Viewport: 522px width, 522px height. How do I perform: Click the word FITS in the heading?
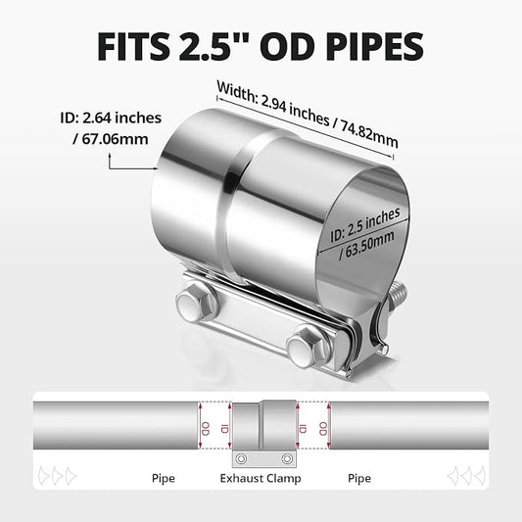(x=133, y=47)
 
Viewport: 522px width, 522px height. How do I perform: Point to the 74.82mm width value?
(x=369, y=134)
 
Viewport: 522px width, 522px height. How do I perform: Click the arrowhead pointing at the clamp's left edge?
(x=156, y=168)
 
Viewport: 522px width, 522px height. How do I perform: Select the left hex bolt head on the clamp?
(x=195, y=303)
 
